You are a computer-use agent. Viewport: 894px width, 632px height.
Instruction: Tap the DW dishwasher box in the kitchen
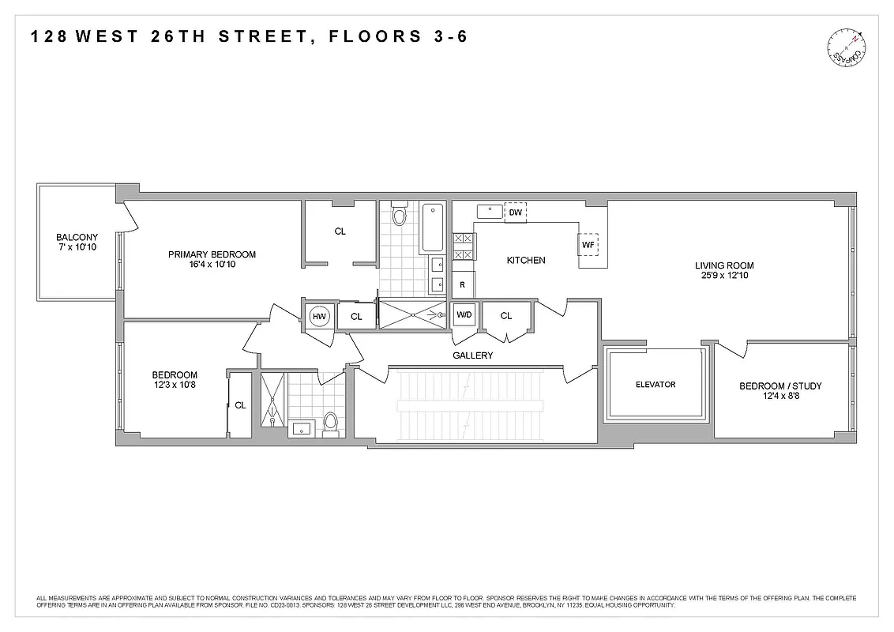click(515, 213)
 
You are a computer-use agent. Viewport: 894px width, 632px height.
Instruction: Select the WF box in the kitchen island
click(588, 245)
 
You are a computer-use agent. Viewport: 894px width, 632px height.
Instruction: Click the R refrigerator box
click(463, 284)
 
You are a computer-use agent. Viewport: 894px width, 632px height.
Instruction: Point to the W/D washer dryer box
click(464, 316)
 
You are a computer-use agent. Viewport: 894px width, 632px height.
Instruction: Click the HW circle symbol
click(319, 317)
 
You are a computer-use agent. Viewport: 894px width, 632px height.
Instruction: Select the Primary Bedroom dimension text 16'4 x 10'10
click(212, 265)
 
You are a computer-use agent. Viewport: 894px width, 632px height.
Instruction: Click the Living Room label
click(724, 265)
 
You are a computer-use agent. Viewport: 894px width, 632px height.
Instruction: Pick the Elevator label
click(655, 385)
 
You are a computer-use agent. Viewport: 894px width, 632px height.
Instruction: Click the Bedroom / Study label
click(780, 386)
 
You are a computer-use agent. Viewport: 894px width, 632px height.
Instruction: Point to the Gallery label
click(472, 355)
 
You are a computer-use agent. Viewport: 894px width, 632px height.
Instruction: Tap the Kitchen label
click(526, 260)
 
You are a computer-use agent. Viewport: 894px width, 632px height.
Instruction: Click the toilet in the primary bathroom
click(399, 214)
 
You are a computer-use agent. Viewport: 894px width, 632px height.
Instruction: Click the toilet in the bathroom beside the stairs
click(330, 423)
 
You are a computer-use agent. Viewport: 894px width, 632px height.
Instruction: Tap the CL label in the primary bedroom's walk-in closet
click(340, 231)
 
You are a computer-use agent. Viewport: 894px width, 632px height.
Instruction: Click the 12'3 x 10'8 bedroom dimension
click(175, 386)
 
